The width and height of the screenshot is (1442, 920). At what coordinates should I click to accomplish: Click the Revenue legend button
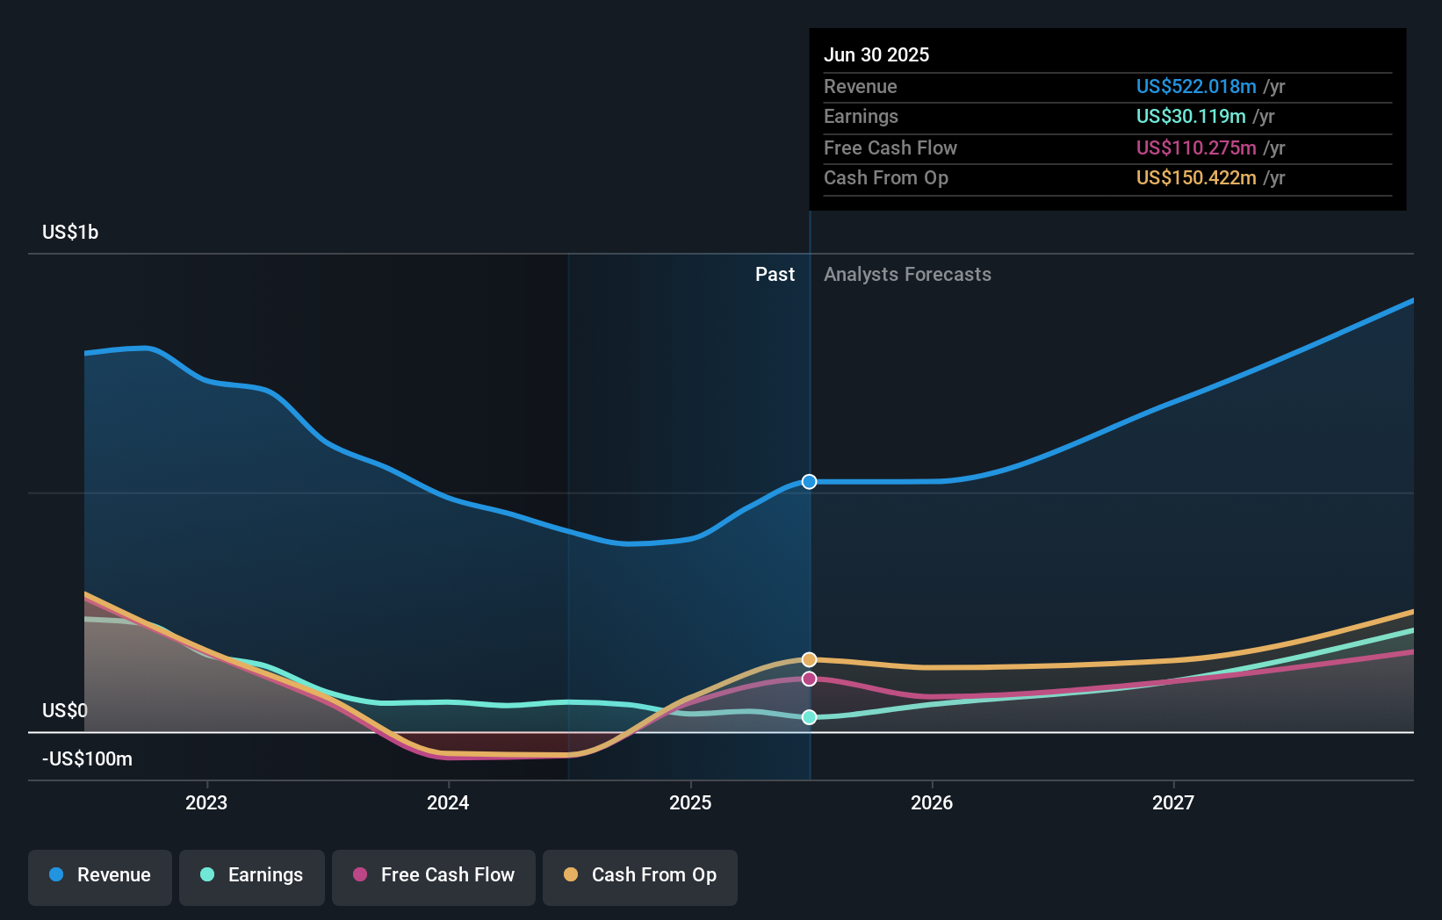pyautogui.click(x=100, y=875)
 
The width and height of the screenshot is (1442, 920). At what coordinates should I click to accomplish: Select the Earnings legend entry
pyautogui.click(x=252, y=875)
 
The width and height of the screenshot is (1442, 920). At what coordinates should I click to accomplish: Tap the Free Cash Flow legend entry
pyautogui.click(x=434, y=875)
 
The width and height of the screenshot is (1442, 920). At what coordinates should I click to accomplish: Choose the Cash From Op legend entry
pyautogui.click(x=640, y=875)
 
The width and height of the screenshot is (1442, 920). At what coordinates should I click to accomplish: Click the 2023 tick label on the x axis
pyautogui.click(x=206, y=802)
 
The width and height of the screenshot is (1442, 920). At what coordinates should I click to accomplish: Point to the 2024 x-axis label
pyautogui.click(x=448, y=802)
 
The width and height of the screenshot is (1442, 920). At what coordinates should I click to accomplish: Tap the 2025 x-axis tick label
pyautogui.click(x=690, y=802)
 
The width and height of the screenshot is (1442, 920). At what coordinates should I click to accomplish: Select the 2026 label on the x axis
pyautogui.click(x=932, y=802)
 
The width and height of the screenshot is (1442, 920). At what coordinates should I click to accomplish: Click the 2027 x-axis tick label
pyautogui.click(x=1173, y=802)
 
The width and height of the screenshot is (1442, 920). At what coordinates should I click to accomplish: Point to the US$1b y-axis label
pyautogui.click(x=70, y=233)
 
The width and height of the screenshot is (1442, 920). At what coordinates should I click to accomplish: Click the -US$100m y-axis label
pyautogui.click(x=87, y=758)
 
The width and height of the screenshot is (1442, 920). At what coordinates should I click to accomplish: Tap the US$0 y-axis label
pyautogui.click(x=65, y=710)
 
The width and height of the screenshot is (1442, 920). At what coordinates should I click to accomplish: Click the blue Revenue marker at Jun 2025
pyautogui.click(x=810, y=482)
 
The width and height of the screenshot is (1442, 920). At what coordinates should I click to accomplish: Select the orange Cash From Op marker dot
pyautogui.click(x=810, y=659)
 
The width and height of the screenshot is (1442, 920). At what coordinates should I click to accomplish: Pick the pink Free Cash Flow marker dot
pyautogui.click(x=810, y=679)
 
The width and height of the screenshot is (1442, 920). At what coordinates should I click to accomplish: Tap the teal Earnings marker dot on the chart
pyautogui.click(x=810, y=717)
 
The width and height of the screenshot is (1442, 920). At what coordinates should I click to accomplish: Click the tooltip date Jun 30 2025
pyautogui.click(x=876, y=54)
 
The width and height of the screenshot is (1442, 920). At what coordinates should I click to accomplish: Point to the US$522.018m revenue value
pyautogui.click(x=1196, y=86)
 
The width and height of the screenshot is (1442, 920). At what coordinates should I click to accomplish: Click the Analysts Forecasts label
pyautogui.click(x=907, y=275)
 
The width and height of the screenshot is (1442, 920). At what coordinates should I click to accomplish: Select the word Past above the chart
pyautogui.click(x=775, y=275)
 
